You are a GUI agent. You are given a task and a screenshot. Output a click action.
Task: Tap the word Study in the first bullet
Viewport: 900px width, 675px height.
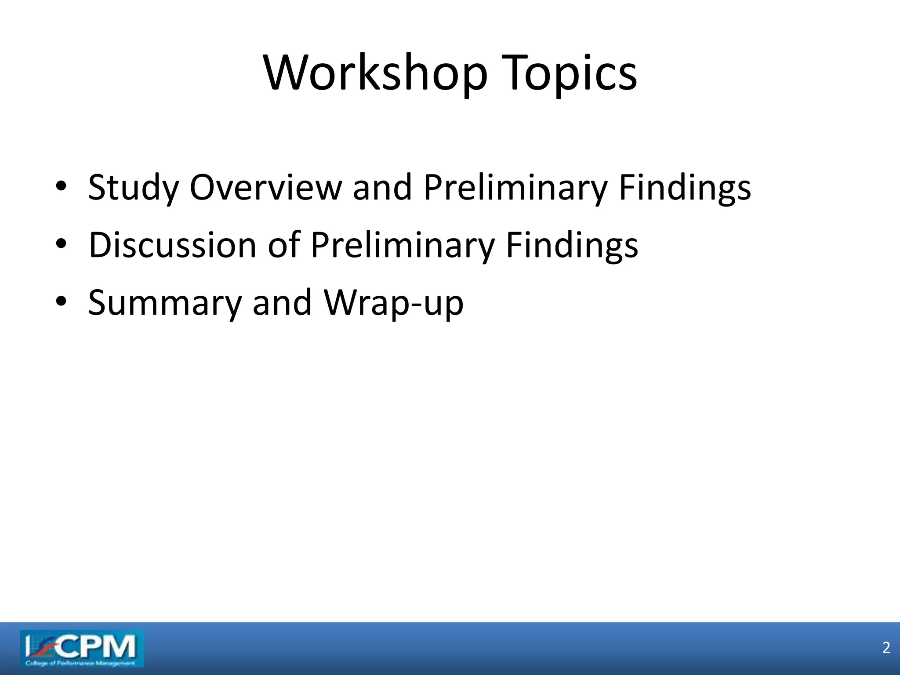133,188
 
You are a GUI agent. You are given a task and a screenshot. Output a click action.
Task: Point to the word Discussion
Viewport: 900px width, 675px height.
172,245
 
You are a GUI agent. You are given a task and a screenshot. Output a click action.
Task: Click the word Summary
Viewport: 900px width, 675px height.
165,303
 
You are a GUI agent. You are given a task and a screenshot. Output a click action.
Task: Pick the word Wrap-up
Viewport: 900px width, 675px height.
394,303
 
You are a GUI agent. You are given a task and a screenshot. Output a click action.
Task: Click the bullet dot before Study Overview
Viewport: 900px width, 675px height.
61,187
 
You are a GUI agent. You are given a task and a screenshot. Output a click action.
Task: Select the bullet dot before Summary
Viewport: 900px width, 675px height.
61,302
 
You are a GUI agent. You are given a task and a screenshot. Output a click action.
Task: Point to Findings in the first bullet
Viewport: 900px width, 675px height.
685,188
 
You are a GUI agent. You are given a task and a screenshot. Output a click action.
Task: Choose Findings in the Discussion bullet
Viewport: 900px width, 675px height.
572,246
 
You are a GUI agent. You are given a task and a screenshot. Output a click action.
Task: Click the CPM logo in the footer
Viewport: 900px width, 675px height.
82,646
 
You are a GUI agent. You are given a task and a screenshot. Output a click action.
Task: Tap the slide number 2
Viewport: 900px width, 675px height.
886,648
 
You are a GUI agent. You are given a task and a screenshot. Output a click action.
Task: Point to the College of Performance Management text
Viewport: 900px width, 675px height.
80,663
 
